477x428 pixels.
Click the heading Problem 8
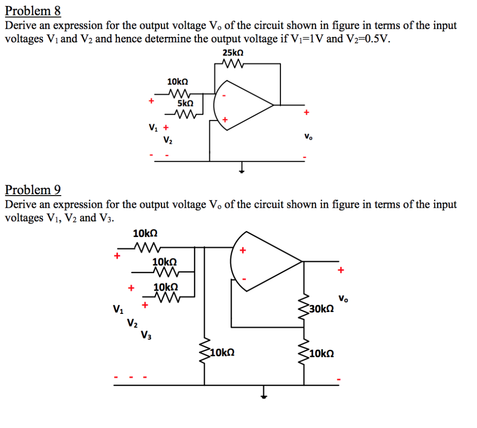tap(33, 11)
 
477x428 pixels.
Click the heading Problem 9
tap(33, 190)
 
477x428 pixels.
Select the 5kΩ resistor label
tap(185, 103)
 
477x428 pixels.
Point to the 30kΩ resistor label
tap(321, 308)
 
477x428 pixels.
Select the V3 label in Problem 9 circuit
tap(146, 334)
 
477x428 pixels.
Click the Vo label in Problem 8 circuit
tap(308, 137)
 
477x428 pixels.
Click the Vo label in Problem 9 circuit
tap(343, 298)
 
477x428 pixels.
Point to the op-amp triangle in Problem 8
tap(240, 105)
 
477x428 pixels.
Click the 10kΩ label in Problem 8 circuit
tap(177, 82)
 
